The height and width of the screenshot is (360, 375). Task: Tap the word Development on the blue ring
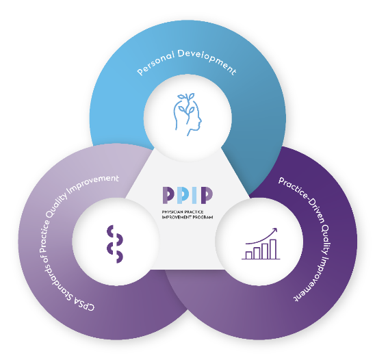pos(207,60)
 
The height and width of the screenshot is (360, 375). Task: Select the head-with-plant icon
pos(187,114)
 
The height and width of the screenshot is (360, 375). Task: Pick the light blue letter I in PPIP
pos(194,195)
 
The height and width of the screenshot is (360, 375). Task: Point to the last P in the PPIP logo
pos(207,195)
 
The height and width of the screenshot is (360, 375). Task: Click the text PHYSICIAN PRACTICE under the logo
pos(183,212)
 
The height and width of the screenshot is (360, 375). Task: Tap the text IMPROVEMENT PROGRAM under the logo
pos(187,217)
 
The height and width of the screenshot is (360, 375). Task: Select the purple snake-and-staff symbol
pos(115,244)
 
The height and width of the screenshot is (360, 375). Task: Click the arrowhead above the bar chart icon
pos(274,231)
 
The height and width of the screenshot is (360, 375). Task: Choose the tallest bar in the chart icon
pos(273,249)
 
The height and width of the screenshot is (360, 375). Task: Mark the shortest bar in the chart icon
pos(248,255)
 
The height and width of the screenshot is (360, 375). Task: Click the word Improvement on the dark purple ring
pos(315,279)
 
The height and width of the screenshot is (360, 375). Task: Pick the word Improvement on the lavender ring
pos(93,185)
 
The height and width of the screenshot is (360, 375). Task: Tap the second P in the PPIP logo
pos(181,195)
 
